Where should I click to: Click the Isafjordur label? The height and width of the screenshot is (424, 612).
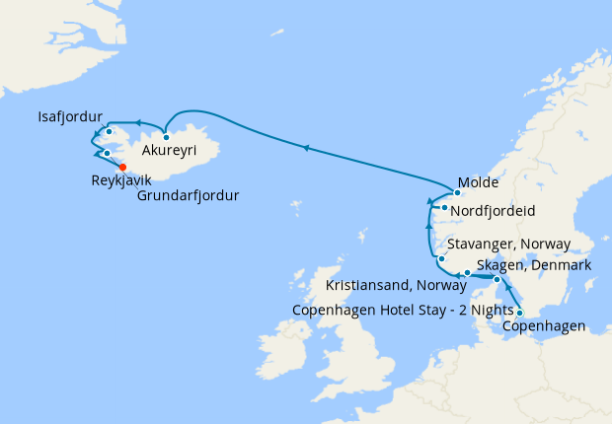[70, 114]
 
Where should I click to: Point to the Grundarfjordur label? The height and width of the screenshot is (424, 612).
[188, 194]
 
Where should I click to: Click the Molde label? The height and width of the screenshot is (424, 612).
[479, 183]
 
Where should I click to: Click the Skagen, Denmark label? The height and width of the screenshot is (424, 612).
[533, 266]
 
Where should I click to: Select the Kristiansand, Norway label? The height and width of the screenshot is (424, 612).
[396, 286]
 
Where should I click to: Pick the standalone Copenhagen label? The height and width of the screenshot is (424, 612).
[544, 326]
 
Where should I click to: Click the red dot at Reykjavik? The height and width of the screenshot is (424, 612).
[123, 167]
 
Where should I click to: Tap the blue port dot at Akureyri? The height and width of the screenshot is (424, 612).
[167, 137]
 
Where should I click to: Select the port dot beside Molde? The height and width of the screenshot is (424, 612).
[458, 193]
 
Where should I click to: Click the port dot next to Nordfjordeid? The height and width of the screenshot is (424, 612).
[445, 208]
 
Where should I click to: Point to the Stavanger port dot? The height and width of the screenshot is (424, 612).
[441, 259]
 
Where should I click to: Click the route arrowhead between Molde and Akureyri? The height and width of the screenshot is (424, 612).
[307, 148]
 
